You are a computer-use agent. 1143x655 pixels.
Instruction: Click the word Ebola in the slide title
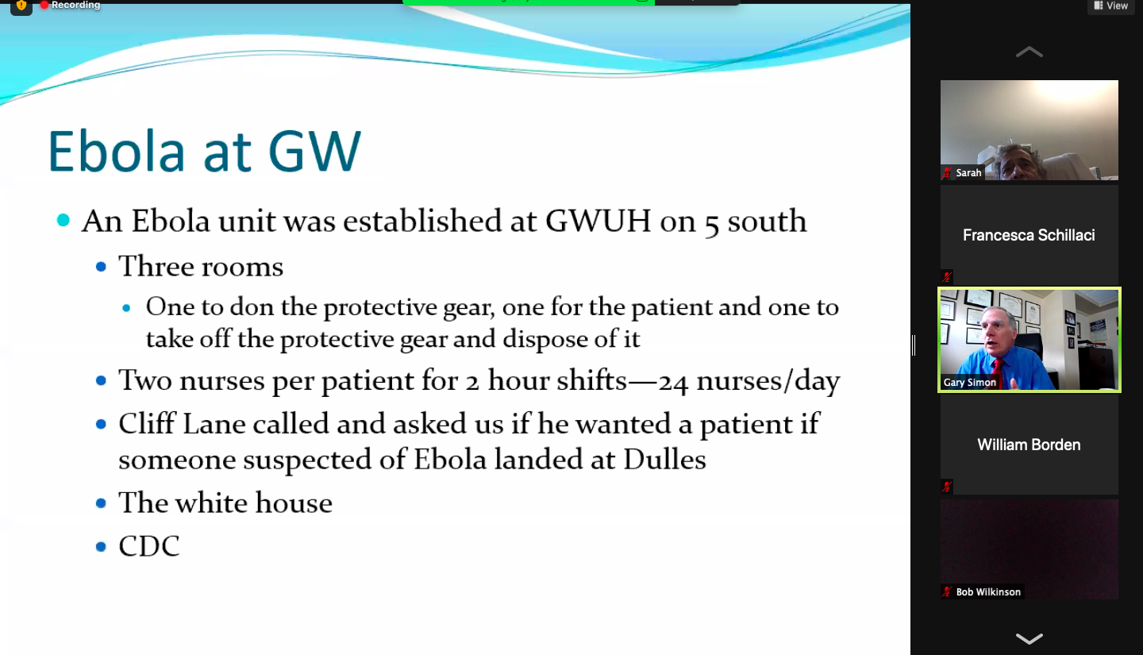point(117,151)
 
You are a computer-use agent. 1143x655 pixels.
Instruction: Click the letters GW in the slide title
point(314,151)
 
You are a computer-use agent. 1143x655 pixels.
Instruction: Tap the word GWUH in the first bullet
point(598,222)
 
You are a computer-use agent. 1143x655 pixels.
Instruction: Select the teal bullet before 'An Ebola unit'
point(63,220)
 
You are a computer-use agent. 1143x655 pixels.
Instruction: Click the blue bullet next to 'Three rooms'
point(101,267)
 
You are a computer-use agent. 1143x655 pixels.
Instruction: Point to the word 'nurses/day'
point(768,381)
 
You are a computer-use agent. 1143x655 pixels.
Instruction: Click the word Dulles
point(664,459)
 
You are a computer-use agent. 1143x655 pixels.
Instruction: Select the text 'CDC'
point(149,545)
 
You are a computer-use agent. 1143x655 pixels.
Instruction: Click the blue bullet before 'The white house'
point(101,503)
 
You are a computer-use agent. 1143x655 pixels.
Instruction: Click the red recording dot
point(44,5)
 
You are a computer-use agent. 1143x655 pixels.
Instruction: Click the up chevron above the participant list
point(1029,52)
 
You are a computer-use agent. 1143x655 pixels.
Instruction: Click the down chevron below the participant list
point(1029,638)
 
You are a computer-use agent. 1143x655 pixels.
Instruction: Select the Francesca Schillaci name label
point(1029,235)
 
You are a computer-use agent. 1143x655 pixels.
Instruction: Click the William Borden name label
point(1029,445)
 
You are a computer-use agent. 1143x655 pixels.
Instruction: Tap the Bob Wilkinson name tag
point(988,591)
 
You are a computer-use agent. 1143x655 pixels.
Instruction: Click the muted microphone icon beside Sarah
point(947,172)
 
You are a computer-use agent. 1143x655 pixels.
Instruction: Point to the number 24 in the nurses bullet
point(673,382)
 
